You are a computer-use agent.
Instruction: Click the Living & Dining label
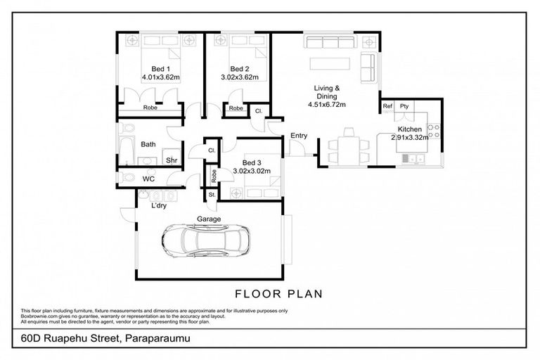326,92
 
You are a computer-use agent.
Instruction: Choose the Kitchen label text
409,130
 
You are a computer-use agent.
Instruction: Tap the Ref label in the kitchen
387,107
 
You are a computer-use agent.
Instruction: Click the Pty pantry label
404,107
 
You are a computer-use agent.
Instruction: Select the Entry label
298,136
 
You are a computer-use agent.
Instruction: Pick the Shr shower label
171,160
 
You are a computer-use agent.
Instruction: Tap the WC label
148,179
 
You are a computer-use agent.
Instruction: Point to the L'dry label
160,206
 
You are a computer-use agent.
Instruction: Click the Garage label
209,219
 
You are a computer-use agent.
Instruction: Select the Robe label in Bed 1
150,108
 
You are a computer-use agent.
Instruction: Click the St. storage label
211,195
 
